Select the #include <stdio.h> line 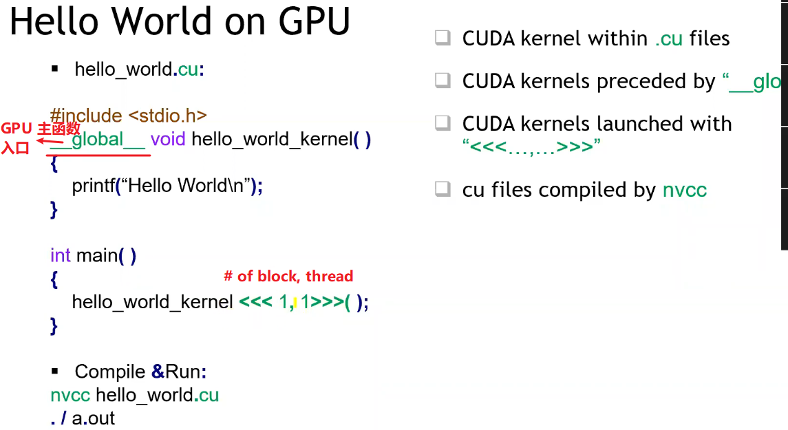tap(129, 116)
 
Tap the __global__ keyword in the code tap(98, 140)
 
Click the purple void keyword tap(168, 140)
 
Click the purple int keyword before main tap(61, 256)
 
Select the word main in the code tap(96, 256)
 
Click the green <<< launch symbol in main tap(255, 302)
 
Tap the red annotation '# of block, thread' tap(288, 277)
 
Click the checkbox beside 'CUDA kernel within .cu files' tap(443, 38)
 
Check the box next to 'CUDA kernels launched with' tap(443, 124)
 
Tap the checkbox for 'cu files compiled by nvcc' tap(443, 189)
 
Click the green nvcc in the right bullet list tap(684, 190)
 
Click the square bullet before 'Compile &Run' tap(56, 372)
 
